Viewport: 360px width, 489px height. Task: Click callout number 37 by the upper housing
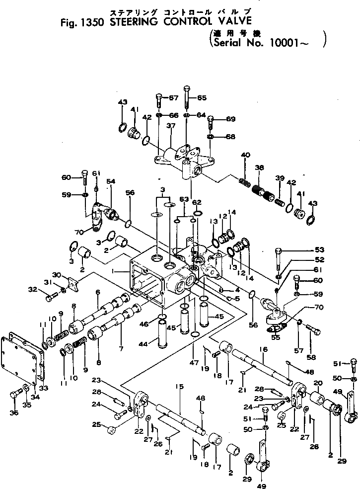pyautogui.click(x=171, y=126)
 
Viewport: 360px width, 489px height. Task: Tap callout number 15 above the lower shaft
pyautogui.click(x=180, y=386)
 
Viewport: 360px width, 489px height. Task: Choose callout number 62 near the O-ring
pyautogui.click(x=197, y=202)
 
